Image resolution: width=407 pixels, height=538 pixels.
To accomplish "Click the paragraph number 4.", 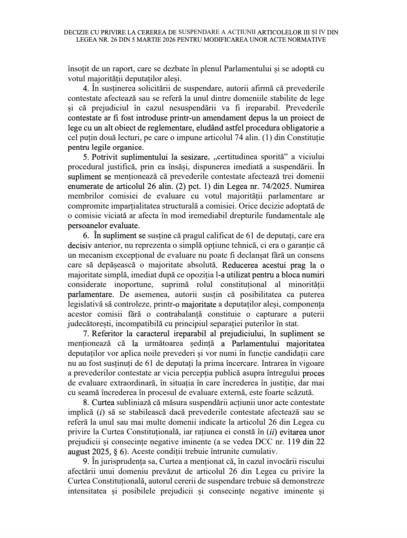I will tap(86, 88).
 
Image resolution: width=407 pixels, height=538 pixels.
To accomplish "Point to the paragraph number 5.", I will tap(86, 157).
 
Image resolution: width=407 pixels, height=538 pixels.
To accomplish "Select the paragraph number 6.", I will tap(86, 236).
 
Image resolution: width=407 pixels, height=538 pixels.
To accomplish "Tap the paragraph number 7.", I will tap(86, 334).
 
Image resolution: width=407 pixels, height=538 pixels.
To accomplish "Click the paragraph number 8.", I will tap(86, 403).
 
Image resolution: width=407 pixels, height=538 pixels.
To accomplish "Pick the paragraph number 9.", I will tap(86, 462).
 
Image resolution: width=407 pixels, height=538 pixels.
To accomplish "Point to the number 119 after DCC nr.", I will tap(293, 442).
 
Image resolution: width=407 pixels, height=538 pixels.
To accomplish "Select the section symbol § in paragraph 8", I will tap(114, 452).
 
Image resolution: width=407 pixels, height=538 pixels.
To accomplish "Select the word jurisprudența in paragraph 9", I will tap(123, 462).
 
